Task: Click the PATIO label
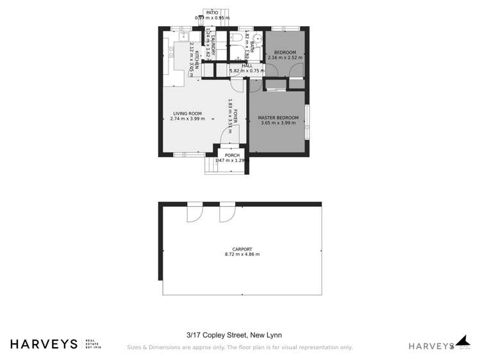pos(211,12)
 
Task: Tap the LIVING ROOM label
pos(187,113)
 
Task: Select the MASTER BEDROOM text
pos(278,118)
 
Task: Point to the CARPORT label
pos(242,249)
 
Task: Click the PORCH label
pos(231,155)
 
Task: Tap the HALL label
pos(247,65)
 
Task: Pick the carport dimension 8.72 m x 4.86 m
pos(242,254)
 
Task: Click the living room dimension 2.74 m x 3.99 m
pos(188,119)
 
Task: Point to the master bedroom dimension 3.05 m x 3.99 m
pos(279,123)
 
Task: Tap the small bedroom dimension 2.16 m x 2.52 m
pos(285,57)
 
